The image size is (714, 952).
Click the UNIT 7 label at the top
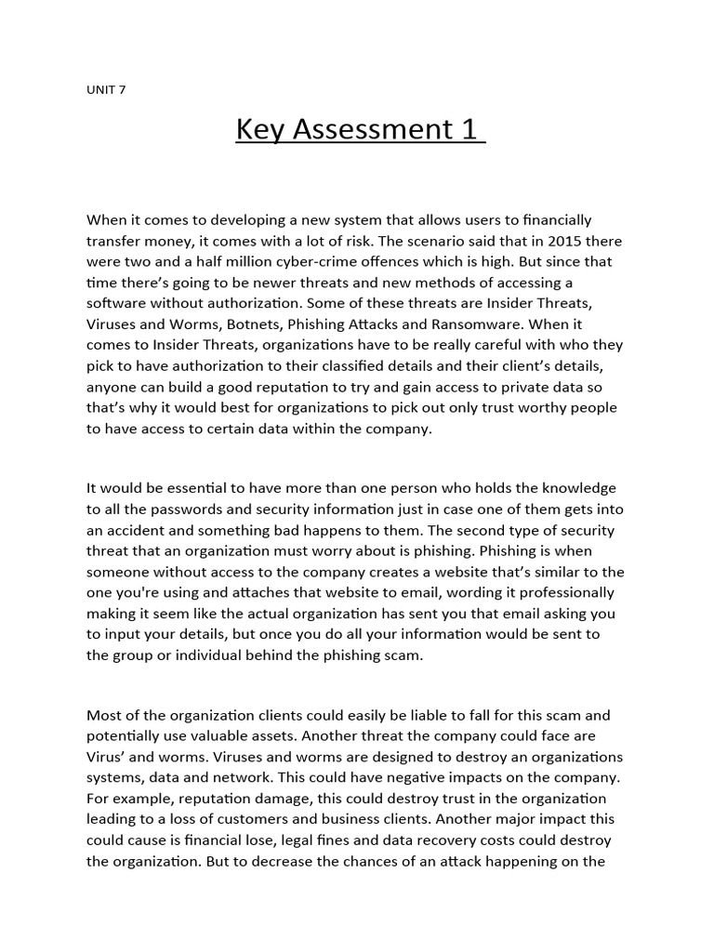(x=105, y=90)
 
